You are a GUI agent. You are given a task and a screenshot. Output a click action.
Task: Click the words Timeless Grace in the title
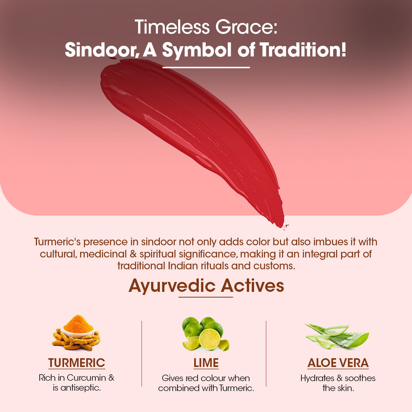pyautogui.click(x=206, y=27)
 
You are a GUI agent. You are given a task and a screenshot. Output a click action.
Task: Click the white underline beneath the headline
pyautogui.click(x=206, y=68)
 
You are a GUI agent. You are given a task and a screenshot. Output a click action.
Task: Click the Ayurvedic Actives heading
pyautogui.click(x=206, y=285)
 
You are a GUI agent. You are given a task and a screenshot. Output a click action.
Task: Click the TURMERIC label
pyautogui.click(x=77, y=363)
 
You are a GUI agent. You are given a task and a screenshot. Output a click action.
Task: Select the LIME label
pyautogui.click(x=206, y=363)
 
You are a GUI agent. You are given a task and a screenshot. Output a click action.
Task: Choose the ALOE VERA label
pyautogui.click(x=338, y=363)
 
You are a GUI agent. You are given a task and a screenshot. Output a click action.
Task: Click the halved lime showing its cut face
pyautogui.click(x=209, y=339)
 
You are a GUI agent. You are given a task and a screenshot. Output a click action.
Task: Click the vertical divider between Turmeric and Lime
pyautogui.click(x=142, y=353)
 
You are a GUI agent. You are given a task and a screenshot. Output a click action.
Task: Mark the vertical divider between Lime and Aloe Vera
pyautogui.click(x=266, y=353)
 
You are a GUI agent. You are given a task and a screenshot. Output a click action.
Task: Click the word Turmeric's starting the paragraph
pyautogui.click(x=57, y=242)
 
